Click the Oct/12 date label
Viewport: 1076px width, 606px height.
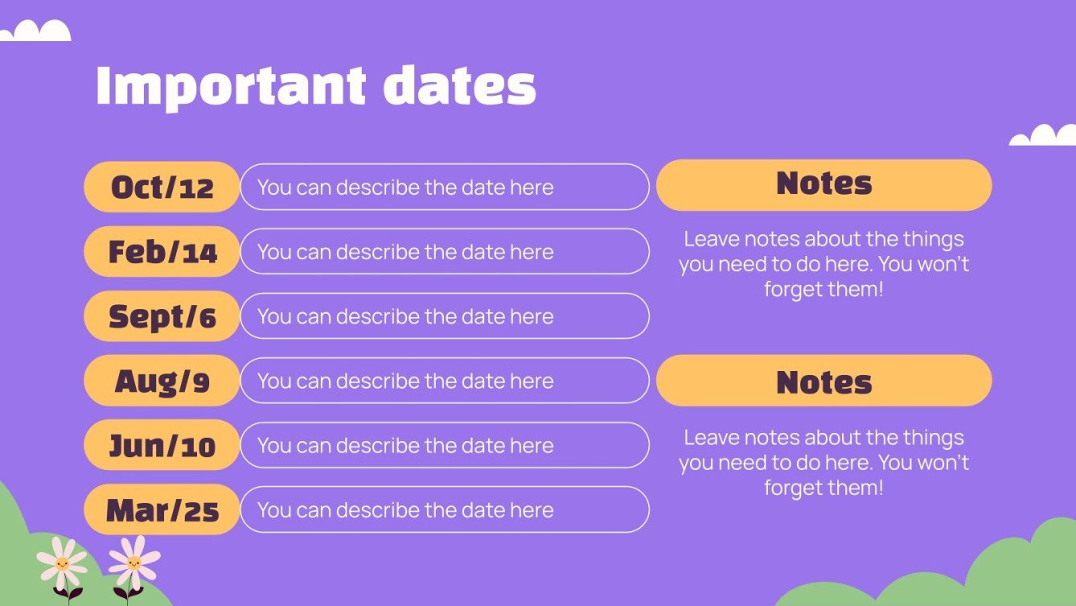tap(162, 187)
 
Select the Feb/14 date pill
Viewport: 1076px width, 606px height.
tap(162, 252)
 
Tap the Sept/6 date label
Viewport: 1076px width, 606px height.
tap(162, 316)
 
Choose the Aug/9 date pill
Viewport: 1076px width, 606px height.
tap(162, 381)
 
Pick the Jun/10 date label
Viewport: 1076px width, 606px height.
tap(162, 445)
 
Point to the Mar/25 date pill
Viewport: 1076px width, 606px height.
tap(162, 509)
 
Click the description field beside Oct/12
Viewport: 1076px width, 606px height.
tap(444, 187)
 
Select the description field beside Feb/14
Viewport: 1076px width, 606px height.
tap(444, 252)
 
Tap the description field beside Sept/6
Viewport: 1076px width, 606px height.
tap(444, 316)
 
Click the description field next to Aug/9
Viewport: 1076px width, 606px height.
tap(444, 381)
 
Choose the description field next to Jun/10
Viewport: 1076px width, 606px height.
tap(444, 445)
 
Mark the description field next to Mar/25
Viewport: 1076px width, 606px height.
tap(444, 509)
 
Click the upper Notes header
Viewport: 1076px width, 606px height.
tap(823, 184)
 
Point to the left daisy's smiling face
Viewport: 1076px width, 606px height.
tap(63, 563)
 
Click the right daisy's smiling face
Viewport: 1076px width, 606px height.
tap(133, 561)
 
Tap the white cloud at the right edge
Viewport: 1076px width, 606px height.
tap(1044, 136)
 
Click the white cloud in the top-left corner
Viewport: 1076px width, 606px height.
tap(35, 31)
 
